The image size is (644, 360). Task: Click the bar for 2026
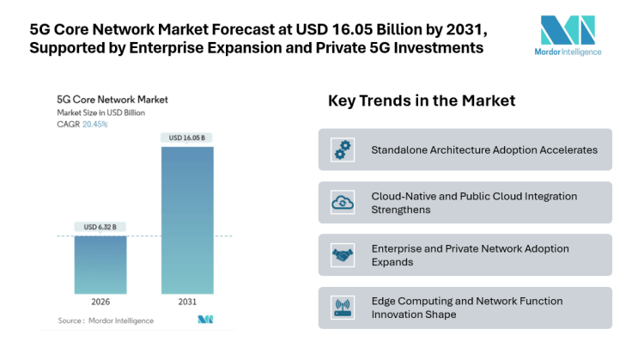[x=100, y=265]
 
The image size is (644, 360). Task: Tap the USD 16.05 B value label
[x=187, y=137]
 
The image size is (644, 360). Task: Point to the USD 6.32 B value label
[x=100, y=227]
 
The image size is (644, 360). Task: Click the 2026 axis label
[x=100, y=302]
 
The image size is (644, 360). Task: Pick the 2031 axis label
[x=187, y=302]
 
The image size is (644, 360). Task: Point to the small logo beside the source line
[x=204, y=320]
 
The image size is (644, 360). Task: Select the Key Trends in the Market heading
[x=422, y=101]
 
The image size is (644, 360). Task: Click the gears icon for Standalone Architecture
[x=343, y=149]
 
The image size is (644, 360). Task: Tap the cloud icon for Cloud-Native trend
[x=343, y=203]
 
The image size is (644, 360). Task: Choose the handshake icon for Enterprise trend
[x=343, y=255]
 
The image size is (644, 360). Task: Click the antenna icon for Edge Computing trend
[x=343, y=308]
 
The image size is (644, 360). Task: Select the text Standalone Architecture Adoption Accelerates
[x=483, y=149]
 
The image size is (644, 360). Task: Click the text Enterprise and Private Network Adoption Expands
[x=470, y=255]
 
